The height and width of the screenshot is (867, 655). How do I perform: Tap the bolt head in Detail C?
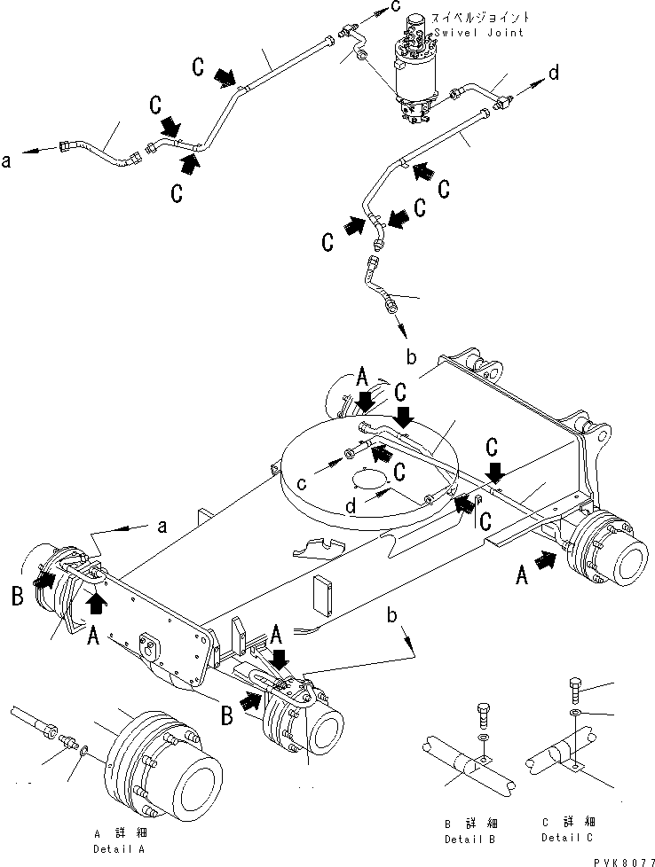point(576,687)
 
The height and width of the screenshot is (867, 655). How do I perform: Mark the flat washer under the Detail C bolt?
point(576,713)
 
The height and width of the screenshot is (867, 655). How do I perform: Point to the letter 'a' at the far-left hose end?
point(8,160)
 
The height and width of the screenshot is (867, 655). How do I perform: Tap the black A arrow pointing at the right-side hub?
point(546,559)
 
